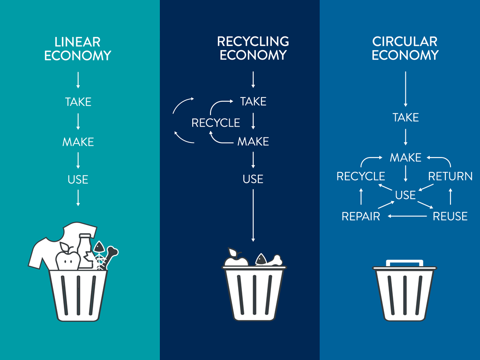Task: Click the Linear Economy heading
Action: click(x=78, y=48)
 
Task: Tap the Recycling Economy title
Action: click(x=253, y=48)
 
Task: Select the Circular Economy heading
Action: click(x=405, y=48)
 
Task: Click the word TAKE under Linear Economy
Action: click(x=78, y=102)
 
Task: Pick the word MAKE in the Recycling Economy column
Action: click(x=253, y=141)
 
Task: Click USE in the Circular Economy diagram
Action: click(x=405, y=195)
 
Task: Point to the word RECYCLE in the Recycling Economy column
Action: click(x=216, y=123)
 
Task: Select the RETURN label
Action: click(x=450, y=176)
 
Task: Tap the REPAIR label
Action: click(x=360, y=217)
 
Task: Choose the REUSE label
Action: click(x=450, y=217)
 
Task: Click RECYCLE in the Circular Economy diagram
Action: click(x=361, y=176)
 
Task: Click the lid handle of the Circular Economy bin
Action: click(x=405, y=263)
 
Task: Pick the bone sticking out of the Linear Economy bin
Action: click(x=111, y=256)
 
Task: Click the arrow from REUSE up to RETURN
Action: click(x=450, y=196)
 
